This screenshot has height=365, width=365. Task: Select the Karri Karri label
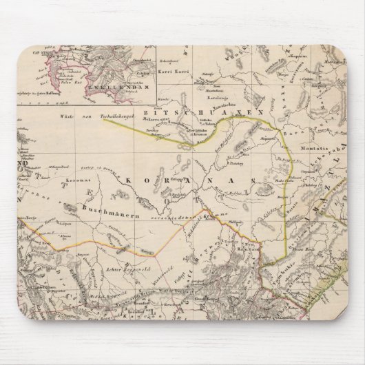click(x=169, y=71)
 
